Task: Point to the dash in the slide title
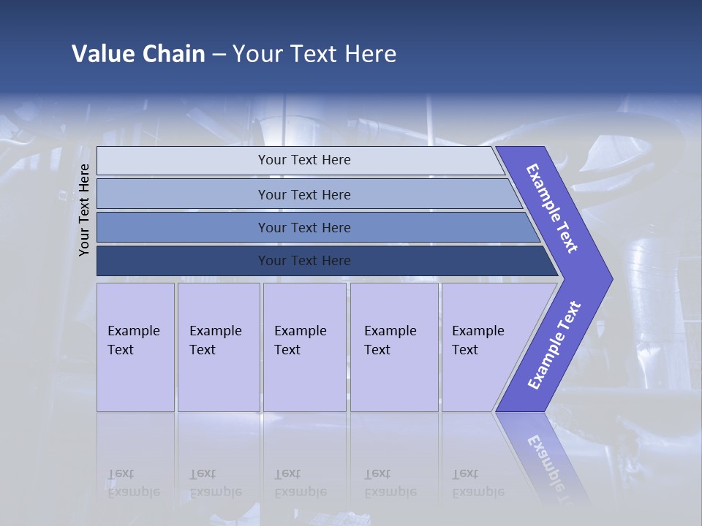pos(219,54)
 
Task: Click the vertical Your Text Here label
pos(84,210)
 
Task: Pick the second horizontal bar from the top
pos(304,194)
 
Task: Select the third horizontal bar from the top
pos(304,227)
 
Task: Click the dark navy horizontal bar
pos(304,261)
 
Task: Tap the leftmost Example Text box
pos(135,347)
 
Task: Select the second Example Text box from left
pos(218,347)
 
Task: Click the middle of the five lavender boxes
pos(304,347)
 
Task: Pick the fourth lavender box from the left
pos(394,347)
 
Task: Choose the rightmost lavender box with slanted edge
pos(483,347)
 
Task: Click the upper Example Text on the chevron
pos(552,208)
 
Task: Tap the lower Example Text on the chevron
pos(554,346)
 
